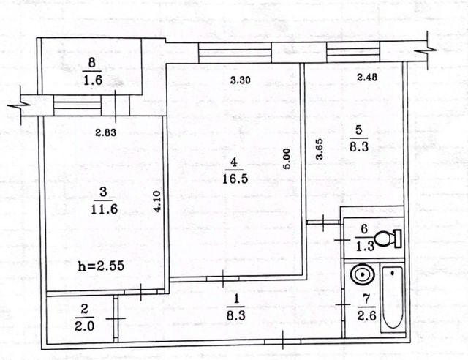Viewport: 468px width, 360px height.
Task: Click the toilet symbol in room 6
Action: click(388, 239)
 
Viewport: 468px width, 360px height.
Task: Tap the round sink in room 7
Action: click(363, 274)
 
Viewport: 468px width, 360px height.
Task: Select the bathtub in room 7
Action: click(393, 298)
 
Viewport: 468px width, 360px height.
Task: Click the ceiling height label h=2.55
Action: click(101, 266)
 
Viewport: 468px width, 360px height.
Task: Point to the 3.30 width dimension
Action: click(241, 80)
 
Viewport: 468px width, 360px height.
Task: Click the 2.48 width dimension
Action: click(367, 78)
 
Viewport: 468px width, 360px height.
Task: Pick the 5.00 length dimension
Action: click(287, 159)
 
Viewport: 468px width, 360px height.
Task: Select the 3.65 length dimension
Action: click(320, 149)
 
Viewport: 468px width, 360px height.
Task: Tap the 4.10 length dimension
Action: click(157, 201)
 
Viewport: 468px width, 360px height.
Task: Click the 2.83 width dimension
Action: click(105, 132)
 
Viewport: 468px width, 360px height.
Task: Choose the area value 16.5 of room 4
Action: click(235, 179)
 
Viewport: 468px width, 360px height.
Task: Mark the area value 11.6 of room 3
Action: click(104, 209)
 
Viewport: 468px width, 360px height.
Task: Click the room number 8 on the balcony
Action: click(92, 63)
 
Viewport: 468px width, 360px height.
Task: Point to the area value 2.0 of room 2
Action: click(85, 326)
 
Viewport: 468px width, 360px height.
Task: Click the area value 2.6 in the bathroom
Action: click(366, 315)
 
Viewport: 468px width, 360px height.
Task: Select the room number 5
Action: click(359, 130)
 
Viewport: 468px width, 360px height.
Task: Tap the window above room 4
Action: click(235, 53)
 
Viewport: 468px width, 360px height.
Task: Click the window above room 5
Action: click(353, 52)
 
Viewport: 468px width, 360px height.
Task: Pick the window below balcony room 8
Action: click(78, 105)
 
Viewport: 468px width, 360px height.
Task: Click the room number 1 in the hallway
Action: click(236, 299)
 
